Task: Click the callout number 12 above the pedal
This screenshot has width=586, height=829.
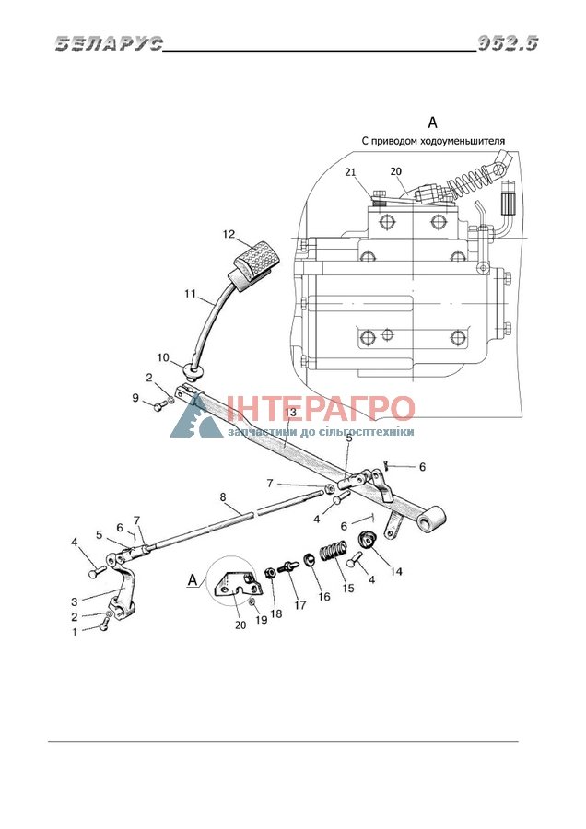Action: point(229,234)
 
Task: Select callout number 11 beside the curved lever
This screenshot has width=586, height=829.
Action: point(191,294)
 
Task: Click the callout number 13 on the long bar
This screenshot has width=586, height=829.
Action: point(290,413)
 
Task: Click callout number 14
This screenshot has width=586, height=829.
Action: point(396,571)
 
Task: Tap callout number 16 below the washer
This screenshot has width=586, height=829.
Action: point(323,596)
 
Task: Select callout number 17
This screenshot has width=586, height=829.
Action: point(299,605)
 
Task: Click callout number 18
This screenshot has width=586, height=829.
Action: point(276,613)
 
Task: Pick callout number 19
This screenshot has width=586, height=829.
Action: point(262,620)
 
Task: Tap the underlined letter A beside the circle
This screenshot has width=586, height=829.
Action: point(193,580)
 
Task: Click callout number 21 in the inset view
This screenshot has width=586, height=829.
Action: point(351,172)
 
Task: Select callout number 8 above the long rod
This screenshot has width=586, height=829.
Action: point(223,497)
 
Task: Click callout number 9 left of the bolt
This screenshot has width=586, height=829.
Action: point(135,397)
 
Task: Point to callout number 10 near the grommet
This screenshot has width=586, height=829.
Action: point(163,358)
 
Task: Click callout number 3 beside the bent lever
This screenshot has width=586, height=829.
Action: point(75,601)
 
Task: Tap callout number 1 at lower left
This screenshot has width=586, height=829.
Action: point(75,632)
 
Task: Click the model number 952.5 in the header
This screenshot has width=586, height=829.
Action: point(508,43)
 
